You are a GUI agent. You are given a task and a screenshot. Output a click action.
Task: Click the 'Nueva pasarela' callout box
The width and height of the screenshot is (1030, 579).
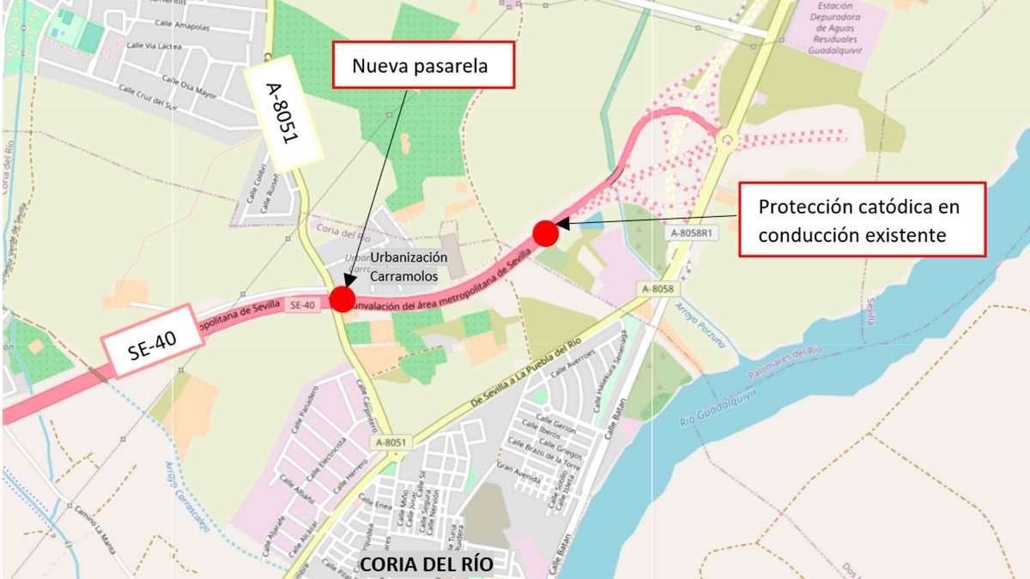point(422,65)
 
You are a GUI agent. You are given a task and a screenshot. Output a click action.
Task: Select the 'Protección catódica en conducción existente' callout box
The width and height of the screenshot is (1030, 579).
point(861,220)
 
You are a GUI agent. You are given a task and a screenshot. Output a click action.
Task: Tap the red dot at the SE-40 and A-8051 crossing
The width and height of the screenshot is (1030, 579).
point(342,299)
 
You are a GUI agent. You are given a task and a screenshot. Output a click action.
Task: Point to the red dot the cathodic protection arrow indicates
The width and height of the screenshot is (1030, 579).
point(546,232)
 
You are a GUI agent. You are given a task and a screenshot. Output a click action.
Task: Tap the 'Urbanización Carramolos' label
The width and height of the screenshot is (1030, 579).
point(409,267)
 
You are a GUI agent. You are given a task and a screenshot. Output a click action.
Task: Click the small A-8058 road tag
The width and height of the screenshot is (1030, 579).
point(656,290)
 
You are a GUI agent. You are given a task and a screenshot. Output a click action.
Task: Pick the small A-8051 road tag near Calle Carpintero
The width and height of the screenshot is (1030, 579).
point(390,443)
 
